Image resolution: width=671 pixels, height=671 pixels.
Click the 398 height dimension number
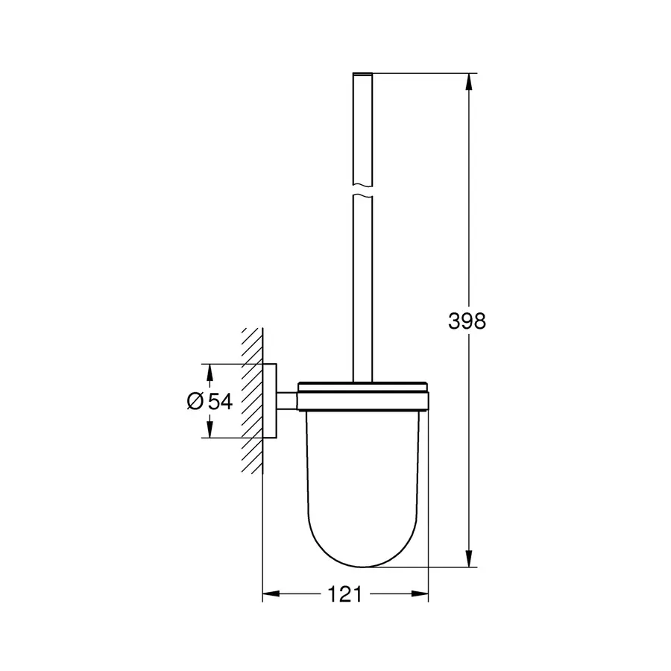(467, 321)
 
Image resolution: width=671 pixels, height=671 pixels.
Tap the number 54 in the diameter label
(220, 401)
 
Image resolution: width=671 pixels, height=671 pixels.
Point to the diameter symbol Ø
(194, 401)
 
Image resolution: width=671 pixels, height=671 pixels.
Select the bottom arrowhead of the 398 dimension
(469, 560)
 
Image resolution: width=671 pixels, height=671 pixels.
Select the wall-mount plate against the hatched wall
(271, 400)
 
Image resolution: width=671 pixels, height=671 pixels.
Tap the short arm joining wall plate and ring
(288, 401)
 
